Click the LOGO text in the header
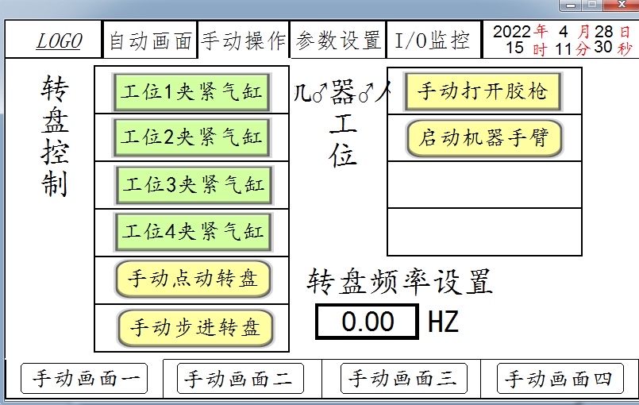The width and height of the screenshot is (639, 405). point(59,41)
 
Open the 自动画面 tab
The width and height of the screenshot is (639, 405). point(150,41)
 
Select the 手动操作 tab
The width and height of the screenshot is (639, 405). point(243,40)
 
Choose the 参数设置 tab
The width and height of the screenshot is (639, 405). point(338,40)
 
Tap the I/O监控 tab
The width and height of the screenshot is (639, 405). point(433,40)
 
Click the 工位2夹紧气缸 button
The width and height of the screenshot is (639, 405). point(191,137)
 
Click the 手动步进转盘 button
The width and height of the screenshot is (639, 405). point(194,327)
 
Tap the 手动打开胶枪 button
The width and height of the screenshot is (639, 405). point(483,91)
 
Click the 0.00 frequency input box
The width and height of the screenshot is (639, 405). point(368,322)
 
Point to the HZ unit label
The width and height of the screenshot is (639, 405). point(443,322)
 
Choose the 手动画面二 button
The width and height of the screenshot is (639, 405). point(240,379)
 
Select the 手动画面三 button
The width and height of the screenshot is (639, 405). point(403,379)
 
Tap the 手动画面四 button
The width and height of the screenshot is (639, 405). point(559,379)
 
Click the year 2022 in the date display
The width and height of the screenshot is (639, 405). point(512,32)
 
